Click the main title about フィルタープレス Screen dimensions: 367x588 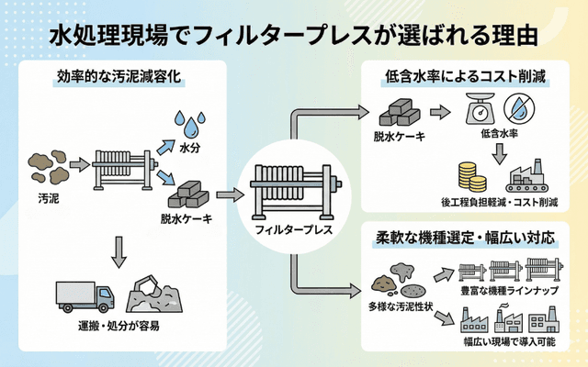(293, 35)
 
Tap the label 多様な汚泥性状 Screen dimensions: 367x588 (401, 304)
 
